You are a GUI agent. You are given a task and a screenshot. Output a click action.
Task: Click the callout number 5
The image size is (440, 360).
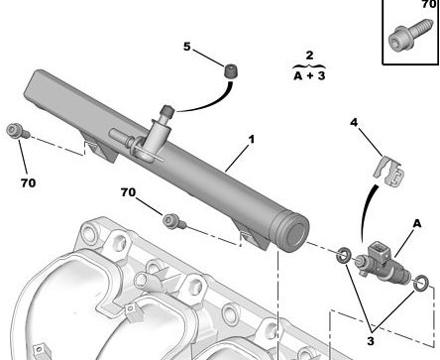click(187, 47)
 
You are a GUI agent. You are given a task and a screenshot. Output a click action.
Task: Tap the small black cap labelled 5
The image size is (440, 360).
click(231, 70)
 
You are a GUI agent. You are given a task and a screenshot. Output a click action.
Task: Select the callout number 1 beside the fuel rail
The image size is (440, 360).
click(252, 139)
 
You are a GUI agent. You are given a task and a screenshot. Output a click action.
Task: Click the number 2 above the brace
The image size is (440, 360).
click(309, 55)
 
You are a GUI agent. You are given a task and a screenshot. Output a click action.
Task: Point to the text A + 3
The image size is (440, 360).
click(309, 75)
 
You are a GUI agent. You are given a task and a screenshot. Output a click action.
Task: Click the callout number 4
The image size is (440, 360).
click(354, 123)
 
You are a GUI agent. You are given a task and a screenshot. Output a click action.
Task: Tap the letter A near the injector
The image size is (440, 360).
click(417, 224)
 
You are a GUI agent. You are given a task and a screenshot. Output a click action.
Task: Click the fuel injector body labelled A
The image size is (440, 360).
click(383, 264)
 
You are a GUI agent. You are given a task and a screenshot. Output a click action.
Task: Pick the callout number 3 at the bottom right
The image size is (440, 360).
click(371, 340)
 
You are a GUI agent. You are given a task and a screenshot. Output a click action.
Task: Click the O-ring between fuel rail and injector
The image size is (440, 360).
click(344, 255)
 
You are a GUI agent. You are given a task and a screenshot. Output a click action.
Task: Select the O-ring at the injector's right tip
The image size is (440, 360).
click(421, 284)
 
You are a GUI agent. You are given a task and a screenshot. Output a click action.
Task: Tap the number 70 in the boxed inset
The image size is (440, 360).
click(429, 4)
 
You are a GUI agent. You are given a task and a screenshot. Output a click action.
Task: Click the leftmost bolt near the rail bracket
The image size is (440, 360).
click(18, 131)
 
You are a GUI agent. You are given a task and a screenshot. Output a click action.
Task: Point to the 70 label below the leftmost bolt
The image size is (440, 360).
click(28, 182)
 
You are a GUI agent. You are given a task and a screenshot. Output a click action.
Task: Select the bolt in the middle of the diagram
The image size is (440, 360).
click(174, 221)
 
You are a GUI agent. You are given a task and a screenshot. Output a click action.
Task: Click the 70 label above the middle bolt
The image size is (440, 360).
click(128, 192)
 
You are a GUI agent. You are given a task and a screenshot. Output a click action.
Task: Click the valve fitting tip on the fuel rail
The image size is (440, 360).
click(166, 111)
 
